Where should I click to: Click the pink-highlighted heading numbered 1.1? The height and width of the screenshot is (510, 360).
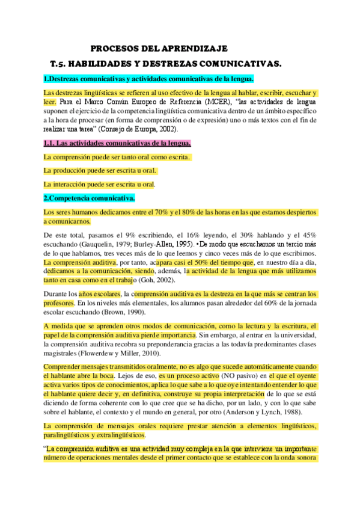point(118,143)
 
